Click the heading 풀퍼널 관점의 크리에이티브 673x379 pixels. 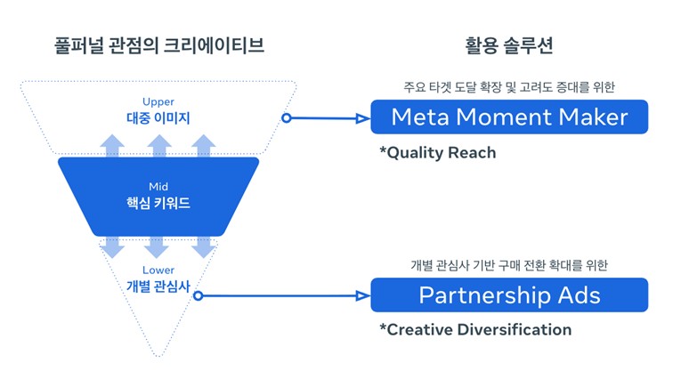(159, 44)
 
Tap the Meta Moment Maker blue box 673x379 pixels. (509, 117)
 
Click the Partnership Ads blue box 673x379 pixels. (508, 294)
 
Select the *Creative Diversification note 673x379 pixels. (475, 330)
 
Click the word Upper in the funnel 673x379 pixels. (158, 101)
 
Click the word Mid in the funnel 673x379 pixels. (158, 188)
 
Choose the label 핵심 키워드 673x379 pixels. (158, 204)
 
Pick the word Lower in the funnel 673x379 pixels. (158, 270)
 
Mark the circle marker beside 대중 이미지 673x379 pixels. (287, 117)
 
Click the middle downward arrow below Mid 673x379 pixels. (158, 246)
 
